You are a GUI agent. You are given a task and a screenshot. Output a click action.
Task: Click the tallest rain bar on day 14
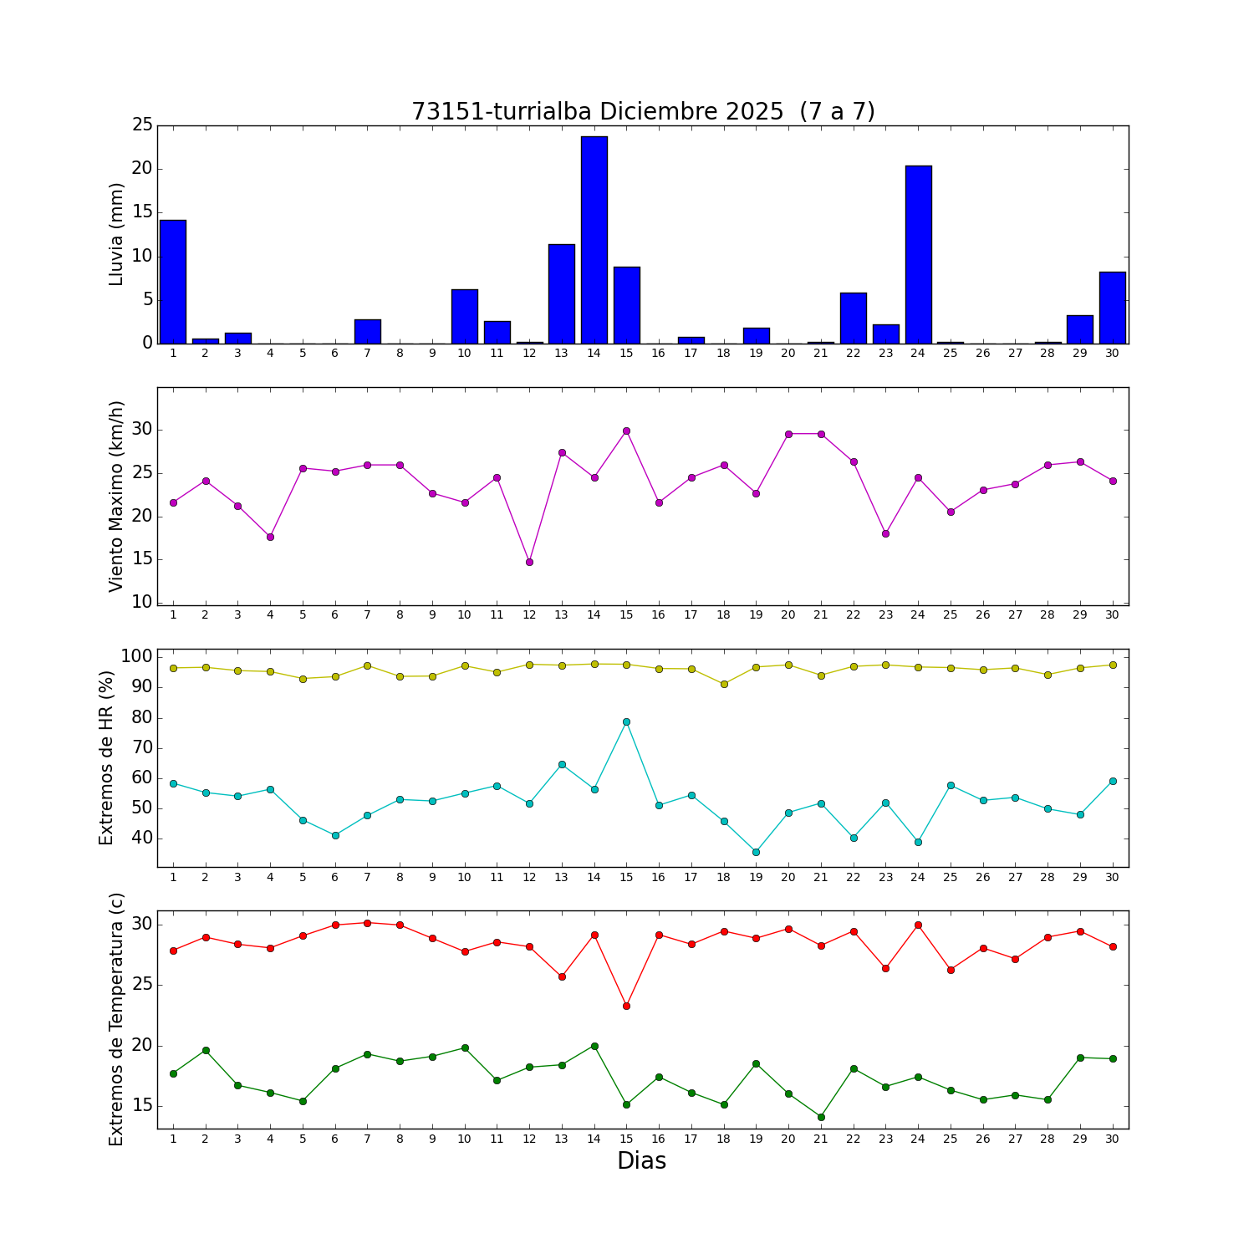(594, 240)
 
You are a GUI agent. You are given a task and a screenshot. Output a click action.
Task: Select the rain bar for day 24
(918, 255)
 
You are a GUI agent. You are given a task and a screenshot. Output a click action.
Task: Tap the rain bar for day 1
(173, 282)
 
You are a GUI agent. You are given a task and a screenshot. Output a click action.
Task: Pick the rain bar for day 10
(464, 316)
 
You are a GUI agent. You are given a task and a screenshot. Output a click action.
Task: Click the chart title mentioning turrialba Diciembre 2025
(643, 112)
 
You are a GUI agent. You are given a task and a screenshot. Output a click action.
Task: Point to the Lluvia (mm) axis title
(117, 234)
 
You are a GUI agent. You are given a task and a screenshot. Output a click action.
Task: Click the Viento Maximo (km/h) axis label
(117, 496)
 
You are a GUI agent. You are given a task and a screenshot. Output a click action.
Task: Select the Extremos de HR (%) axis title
(107, 757)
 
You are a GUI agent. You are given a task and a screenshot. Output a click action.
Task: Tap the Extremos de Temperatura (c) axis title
(117, 1019)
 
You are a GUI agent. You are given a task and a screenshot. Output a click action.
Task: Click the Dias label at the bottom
(641, 1160)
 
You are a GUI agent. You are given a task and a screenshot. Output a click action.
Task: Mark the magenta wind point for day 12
(529, 562)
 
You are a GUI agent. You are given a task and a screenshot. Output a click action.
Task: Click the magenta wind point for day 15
(626, 431)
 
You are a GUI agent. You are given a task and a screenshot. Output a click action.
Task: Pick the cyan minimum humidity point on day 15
(626, 721)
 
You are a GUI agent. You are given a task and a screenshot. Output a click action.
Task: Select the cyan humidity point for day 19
(756, 852)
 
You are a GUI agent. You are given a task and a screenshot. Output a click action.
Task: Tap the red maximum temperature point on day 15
(626, 1006)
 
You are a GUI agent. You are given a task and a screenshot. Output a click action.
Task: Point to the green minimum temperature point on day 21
(821, 1117)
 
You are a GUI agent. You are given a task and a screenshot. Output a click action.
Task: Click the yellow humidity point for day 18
(724, 684)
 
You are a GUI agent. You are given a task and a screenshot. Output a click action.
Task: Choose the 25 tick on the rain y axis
(142, 125)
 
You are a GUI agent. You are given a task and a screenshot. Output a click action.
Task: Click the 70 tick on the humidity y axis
(142, 748)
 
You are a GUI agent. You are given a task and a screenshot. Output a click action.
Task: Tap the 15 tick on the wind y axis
(142, 559)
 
